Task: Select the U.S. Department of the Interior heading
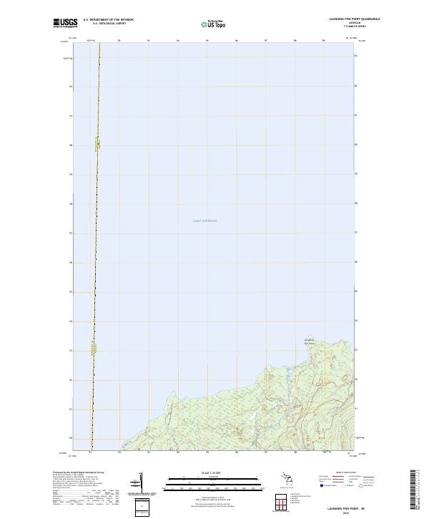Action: click(x=109, y=19)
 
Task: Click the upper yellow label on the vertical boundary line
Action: click(x=98, y=145)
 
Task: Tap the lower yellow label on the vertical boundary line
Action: click(x=94, y=349)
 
